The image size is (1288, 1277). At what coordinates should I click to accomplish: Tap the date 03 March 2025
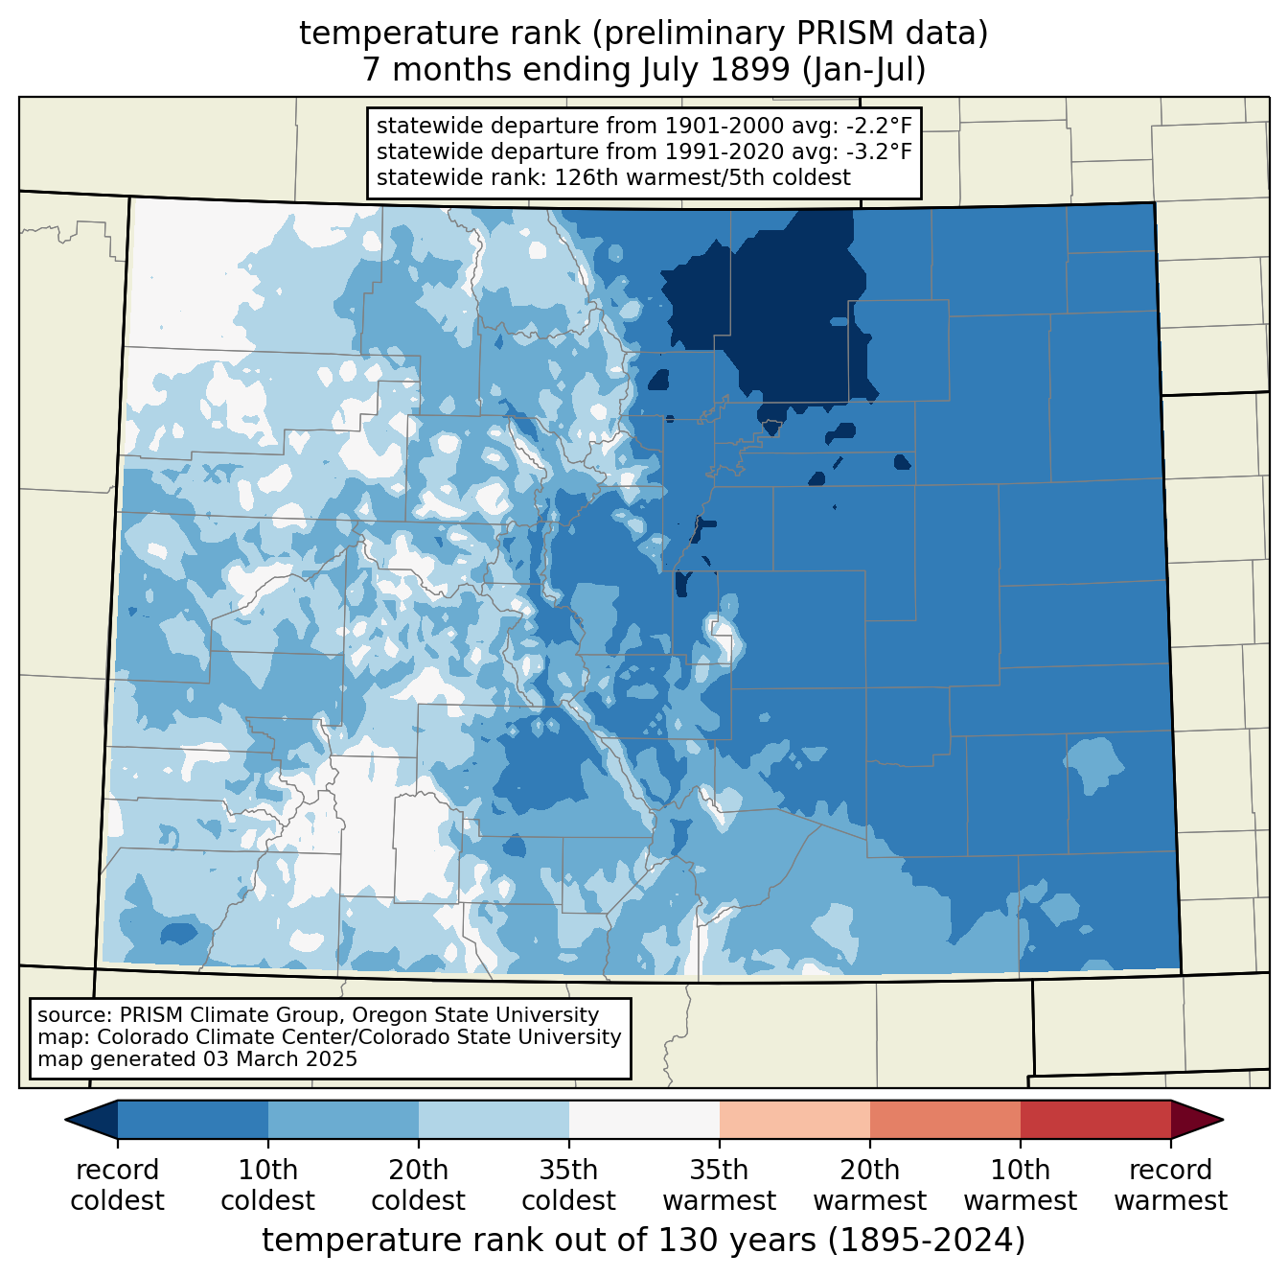pos(280,1059)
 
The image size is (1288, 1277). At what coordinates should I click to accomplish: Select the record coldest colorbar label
pos(117,1186)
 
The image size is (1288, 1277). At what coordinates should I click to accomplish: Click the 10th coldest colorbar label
pos(267,1186)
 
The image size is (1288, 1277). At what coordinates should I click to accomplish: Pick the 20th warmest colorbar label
pos(869,1186)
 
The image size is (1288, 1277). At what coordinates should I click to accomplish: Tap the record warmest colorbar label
pos(1170,1186)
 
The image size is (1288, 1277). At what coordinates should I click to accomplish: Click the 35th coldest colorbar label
pos(568,1186)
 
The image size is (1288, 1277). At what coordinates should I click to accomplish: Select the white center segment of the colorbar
pos(644,1119)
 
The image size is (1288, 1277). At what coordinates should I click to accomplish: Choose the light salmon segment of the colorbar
pos(794,1119)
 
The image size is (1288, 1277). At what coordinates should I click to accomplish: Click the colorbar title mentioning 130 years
pos(644,1241)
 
